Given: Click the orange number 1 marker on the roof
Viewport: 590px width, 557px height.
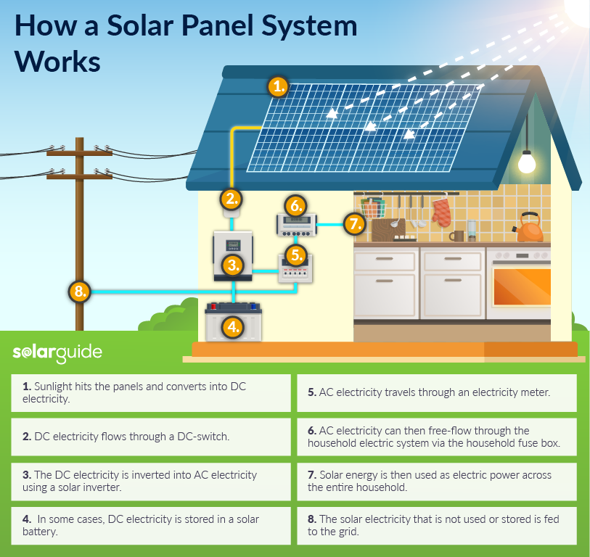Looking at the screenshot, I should coord(278,87).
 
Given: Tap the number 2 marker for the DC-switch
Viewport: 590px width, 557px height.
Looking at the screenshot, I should coord(231,198).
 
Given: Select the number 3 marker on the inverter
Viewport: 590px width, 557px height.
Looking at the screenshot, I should coord(233,265).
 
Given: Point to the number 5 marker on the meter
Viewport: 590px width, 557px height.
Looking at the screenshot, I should coord(295,255).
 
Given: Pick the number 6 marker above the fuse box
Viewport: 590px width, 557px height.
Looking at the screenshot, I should coord(294,205).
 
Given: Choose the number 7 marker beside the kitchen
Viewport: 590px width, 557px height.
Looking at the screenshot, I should coord(353,223).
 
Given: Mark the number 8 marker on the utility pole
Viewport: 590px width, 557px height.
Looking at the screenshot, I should coord(80,292).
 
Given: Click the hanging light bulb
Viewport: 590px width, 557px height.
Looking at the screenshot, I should coord(527,162).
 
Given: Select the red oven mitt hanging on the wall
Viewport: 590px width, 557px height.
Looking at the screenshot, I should coord(441,213).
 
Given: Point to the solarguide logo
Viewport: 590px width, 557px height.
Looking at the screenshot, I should coord(57,353).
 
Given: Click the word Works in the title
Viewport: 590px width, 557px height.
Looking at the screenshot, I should coord(57,61).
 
